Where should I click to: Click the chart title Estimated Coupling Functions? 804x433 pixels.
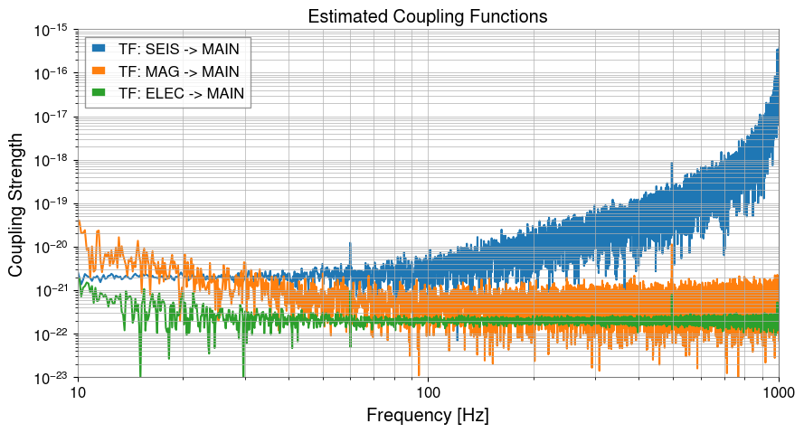pyautogui.click(x=427, y=16)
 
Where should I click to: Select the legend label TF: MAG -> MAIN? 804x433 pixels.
pyautogui.click(x=179, y=71)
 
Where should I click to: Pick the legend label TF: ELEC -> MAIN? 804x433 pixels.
pyautogui.click(x=181, y=92)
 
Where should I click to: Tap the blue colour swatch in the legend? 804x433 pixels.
pyautogui.click(x=99, y=48)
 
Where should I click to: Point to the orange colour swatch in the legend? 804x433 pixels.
pyautogui.click(x=99, y=71)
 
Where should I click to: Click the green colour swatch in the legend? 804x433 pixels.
pyautogui.click(x=99, y=92)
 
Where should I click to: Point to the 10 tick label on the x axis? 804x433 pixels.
pyautogui.click(x=78, y=394)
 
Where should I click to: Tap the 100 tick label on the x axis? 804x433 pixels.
pyautogui.click(x=428, y=394)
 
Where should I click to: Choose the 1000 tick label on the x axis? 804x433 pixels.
pyautogui.click(x=778, y=394)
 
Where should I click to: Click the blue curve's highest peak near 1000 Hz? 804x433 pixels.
pyautogui.click(x=777, y=50)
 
